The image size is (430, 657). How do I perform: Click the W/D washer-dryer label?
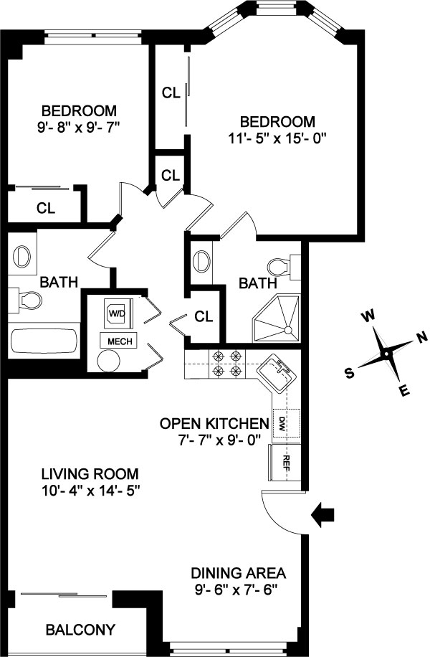(x=115, y=313)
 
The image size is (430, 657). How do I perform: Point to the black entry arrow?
(x=324, y=513)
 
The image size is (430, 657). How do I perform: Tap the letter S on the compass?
(x=350, y=372)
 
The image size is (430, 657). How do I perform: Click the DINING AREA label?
(x=238, y=573)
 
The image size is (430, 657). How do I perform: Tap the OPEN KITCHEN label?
(x=214, y=422)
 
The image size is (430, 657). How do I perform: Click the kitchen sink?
(x=277, y=374)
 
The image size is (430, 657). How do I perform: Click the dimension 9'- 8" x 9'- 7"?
(x=78, y=127)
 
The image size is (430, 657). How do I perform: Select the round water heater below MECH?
(x=110, y=360)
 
